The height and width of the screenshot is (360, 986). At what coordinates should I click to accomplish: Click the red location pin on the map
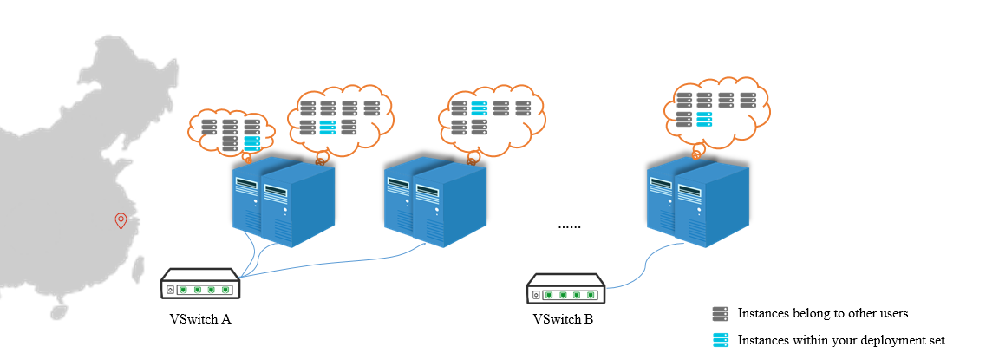121,220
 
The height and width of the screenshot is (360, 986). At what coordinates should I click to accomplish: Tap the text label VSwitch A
199,319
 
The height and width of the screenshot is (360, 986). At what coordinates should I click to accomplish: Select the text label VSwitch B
563,320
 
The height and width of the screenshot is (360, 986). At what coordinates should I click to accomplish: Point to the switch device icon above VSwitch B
565,289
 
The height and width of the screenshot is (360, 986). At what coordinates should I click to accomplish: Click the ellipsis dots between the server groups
569,226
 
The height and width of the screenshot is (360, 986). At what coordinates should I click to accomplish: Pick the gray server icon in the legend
720,313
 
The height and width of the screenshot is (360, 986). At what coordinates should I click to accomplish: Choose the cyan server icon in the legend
720,340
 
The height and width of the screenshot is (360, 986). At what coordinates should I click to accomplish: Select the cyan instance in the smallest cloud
252,143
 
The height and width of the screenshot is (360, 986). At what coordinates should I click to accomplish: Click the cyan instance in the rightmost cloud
705,119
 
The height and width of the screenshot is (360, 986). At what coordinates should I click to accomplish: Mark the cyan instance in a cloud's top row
480,108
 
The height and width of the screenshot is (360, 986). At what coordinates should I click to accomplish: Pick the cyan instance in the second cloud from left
328,128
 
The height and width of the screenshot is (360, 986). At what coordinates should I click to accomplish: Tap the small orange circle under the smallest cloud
248,159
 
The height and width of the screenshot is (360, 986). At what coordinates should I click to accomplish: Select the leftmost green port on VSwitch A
184,290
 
